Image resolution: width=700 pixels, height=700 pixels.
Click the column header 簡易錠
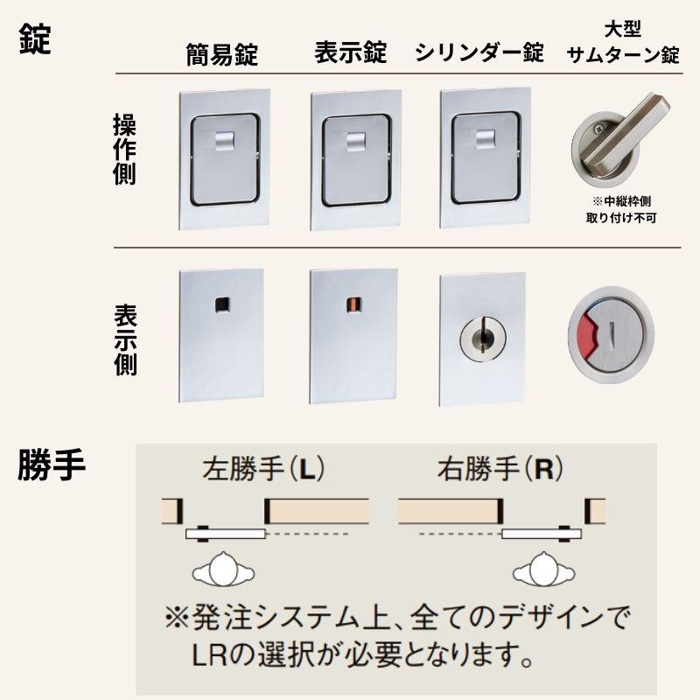tap(221, 55)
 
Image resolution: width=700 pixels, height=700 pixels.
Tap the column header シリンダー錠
tap(479, 53)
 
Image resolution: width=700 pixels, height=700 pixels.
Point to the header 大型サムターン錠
tap(623, 44)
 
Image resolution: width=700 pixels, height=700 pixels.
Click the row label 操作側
tap(125, 150)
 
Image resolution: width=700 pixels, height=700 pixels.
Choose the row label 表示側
tap(125, 340)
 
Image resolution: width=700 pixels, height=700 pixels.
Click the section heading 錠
tap(35, 40)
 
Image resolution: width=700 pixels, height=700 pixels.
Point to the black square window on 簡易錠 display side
tap(221, 304)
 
